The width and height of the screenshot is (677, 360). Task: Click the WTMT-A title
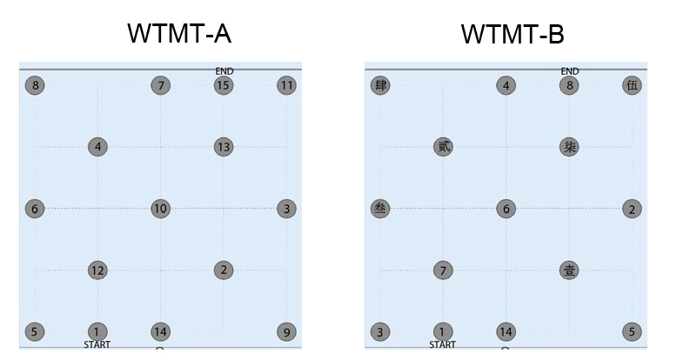(179, 34)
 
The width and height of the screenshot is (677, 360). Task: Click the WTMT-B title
(513, 34)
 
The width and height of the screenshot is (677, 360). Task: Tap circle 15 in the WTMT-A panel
(224, 85)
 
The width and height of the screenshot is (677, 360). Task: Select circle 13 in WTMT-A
(224, 147)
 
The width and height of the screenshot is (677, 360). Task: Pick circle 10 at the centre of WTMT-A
(160, 209)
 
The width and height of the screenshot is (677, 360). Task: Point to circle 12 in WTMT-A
(97, 270)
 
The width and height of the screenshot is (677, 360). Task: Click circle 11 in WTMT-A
(286, 85)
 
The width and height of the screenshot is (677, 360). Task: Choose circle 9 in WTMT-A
(286, 331)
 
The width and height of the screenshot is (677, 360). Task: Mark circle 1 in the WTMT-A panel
(97, 331)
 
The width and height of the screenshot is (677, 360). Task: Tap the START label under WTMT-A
(97, 345)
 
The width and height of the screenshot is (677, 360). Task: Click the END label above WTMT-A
(225, 71)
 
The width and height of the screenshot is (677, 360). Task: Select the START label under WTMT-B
(443, 345)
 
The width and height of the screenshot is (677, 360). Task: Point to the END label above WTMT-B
(570, 71)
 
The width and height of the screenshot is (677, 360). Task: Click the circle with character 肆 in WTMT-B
(380, 85)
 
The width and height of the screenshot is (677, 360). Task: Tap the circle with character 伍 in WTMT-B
(632, 85)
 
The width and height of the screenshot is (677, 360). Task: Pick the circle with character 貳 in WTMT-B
(443, 147)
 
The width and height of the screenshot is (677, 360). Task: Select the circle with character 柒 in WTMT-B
(569, 147)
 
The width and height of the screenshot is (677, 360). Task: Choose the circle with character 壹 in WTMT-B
(569, 270)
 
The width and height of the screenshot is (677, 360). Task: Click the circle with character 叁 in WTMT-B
(380, 209)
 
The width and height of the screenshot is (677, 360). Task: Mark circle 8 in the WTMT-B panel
(569, 85)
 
